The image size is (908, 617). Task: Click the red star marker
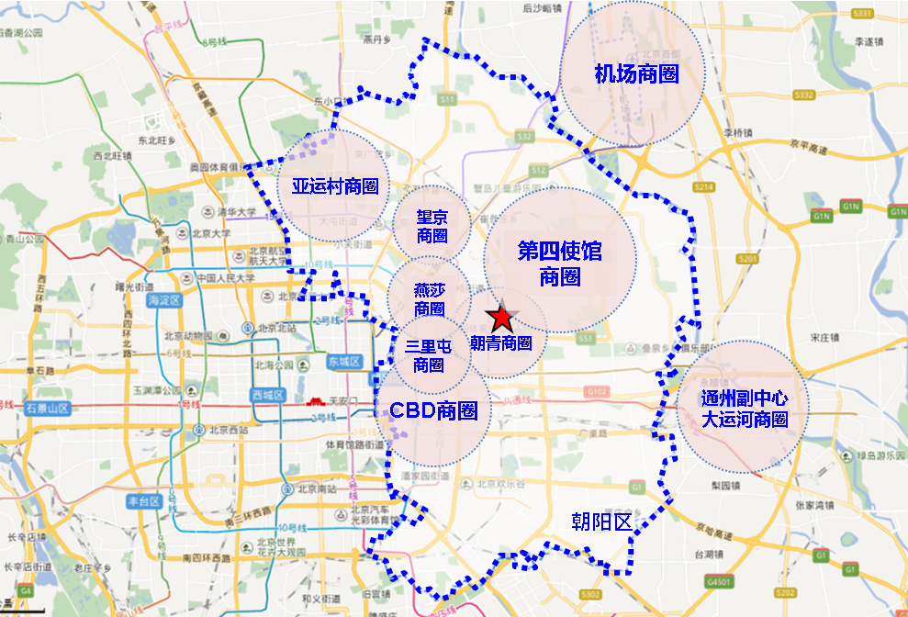point(501,319)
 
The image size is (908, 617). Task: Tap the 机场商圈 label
point(636,73)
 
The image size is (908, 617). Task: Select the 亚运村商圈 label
point(335,186)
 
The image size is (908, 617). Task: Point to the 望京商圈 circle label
point(432,226)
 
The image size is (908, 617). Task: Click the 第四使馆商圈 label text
point(559,263)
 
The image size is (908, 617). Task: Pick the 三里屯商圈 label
point(429,355)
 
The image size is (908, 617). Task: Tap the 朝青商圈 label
point(501,343)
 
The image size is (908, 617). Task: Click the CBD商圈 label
point(433,410)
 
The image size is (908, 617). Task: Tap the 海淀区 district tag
point(166,300)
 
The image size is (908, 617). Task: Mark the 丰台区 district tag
point(145,501)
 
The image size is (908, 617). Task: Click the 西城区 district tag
point(266,396)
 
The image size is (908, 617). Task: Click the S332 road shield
point(805,95)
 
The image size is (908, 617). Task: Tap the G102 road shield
point(597,391)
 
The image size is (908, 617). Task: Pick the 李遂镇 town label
point(868,41)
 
